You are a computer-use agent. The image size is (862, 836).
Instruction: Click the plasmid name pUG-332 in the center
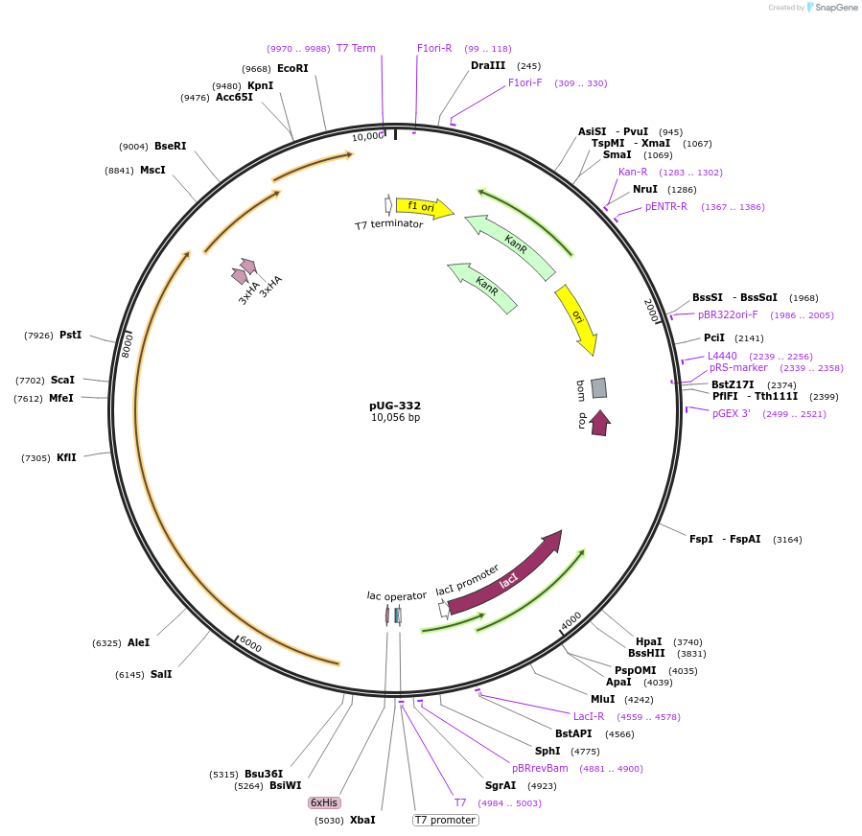pyautogui.click(x=395, y=406)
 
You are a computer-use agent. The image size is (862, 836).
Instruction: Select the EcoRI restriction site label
pyautogui.click(x=292, y=68)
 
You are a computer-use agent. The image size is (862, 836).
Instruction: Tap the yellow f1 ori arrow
pyautogui.click(x=423, y=207)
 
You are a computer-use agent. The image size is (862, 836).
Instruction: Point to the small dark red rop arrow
pyautogui.click(x=600, y=422)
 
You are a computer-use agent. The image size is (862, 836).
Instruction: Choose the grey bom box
pyautogui.click(x=598, y=387)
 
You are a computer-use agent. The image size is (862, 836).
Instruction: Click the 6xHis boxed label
pyautogui.click(x=323, y=802)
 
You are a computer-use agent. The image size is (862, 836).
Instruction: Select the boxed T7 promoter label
pyautogui.click(x=445, y=820)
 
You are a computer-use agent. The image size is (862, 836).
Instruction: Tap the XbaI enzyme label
pyautogui.click(x=362, y=820)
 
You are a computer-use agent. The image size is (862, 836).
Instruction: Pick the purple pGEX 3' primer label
pyautogui.click(x=732, y=413)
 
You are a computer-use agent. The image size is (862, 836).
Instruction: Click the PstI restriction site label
pyautogui.click(x=70, y=335)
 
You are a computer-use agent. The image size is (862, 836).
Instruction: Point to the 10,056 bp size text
pyautogui.click(x=395, y=418)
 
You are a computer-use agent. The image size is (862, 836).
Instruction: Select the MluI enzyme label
pyautogui.click(x=602, y=699)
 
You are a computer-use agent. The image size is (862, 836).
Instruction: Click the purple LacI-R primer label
pyautogui.click(x=589, y=716)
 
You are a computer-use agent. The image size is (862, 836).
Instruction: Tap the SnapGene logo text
pyautogui.click(x=836, y=8)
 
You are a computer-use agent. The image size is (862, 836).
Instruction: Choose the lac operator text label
pyautogui.click(x=396, y=595)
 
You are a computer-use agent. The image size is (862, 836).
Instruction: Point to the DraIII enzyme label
pyautogui.click(x=488, y=65)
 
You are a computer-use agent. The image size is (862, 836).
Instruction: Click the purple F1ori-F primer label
pyautogui.click(x=524, y=82)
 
